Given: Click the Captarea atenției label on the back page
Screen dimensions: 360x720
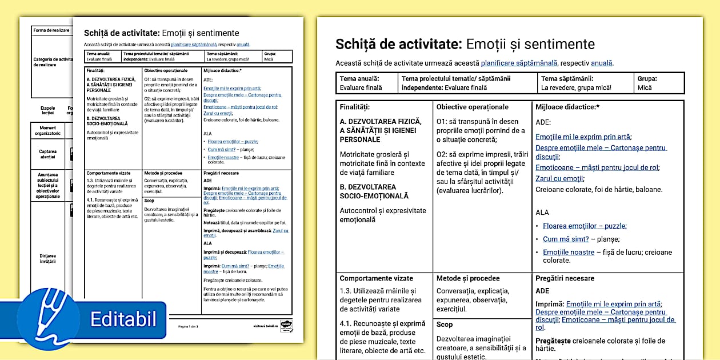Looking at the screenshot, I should click(x=47, y=154).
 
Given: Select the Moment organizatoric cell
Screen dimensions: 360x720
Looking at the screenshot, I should click(x=47, y=130).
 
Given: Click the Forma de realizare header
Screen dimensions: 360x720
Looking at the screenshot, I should click(x=51, y=30).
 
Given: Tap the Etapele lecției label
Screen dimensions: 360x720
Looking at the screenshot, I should click(x=47, y=110).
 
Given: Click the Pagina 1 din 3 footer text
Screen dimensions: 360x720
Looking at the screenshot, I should click(x=188, y=326).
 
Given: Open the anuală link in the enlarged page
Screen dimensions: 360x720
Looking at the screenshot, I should click(x=601, y=63).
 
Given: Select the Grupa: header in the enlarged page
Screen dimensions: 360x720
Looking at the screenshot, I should click(x=647, y=79).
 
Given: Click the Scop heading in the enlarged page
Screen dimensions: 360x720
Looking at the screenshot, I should click(x=444, y=325).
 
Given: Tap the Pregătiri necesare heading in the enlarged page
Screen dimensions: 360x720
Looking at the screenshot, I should click(x=565, y=279).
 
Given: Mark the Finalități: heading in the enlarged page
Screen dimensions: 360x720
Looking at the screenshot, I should click(x=354, y=107).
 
